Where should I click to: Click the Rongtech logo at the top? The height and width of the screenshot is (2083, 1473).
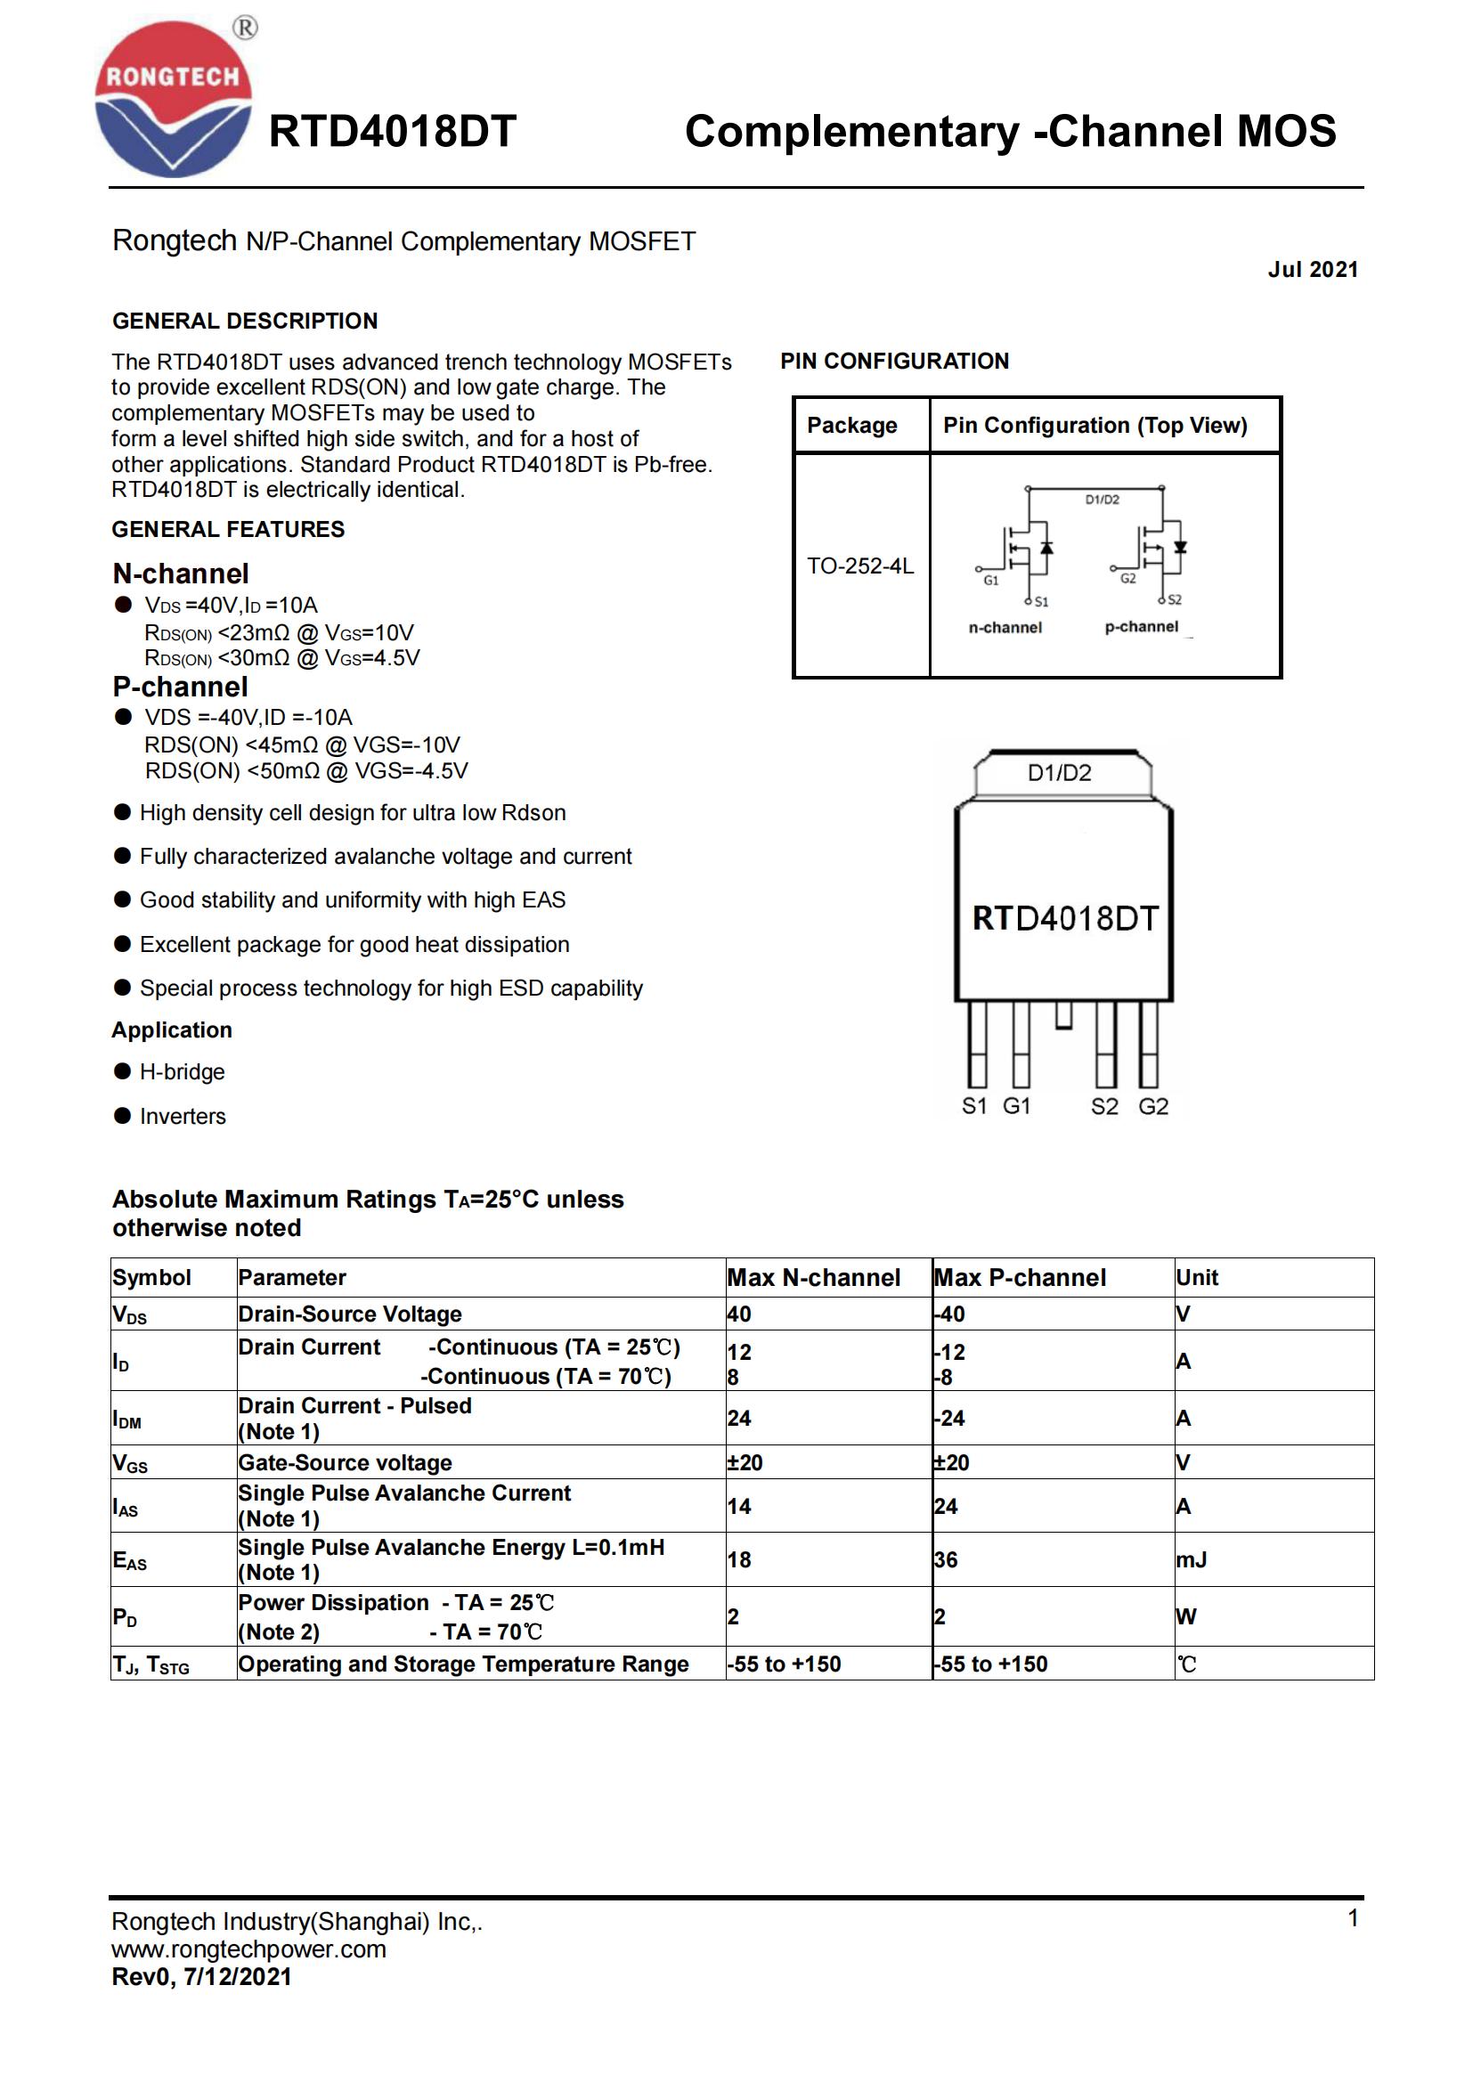[x=173, y=98]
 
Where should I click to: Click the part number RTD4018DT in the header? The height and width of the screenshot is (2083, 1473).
[x=392, y=132]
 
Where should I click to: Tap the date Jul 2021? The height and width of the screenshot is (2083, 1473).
[x=1313, y=270]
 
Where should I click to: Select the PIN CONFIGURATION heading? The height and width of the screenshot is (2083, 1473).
[x=893, y=361]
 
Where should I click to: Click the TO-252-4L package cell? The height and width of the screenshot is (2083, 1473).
[x=860, y=566]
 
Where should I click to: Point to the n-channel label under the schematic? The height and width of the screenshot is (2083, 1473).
[x=1005, y=628]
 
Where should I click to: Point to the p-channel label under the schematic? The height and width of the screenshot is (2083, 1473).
[x=1141, y=627]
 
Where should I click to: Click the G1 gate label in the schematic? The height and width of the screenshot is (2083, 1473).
[x=990, y=581]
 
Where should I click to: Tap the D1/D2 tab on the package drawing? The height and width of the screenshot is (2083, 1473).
[x=1060, y=773]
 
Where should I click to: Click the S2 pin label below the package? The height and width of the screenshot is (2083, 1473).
[x=1103, y=1107]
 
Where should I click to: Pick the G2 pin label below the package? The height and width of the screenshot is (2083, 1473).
[x=1152, y=1107]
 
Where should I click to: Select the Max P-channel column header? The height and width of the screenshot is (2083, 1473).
[x=1020, y=1277]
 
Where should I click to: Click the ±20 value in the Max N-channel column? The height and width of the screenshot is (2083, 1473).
[x=745, y=1462]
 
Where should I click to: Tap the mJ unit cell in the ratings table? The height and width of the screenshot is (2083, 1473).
[x=1191, y=1559]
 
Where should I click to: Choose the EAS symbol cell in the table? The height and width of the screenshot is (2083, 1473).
[x=130, y=1560]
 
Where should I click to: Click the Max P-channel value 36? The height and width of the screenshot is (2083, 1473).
[x=945, y=1559]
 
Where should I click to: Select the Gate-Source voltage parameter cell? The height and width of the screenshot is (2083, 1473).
[x=345, y=1462]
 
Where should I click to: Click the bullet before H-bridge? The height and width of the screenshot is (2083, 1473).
[x=122, y=1071]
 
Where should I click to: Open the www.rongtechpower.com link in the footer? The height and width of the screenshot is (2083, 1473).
[x=248, y=1949]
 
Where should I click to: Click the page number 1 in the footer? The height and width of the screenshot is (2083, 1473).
[x=1353, y=1919]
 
